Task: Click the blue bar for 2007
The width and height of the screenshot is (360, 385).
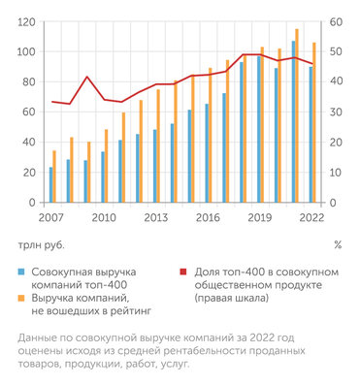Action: (50, 186)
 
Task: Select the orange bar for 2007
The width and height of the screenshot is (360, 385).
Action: (55, 177)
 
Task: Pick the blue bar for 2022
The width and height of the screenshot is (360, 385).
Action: (310, 136)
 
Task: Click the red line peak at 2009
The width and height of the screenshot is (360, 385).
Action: (86, 77)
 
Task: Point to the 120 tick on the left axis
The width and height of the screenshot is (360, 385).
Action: (25, 21)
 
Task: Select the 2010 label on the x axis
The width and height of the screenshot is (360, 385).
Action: (103, 217)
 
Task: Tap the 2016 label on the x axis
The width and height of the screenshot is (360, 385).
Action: (209, 217)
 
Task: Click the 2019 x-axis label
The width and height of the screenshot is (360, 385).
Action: (261, 217)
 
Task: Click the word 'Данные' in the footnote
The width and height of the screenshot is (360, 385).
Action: (38, 337)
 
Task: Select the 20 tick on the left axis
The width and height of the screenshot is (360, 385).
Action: (28, 174)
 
